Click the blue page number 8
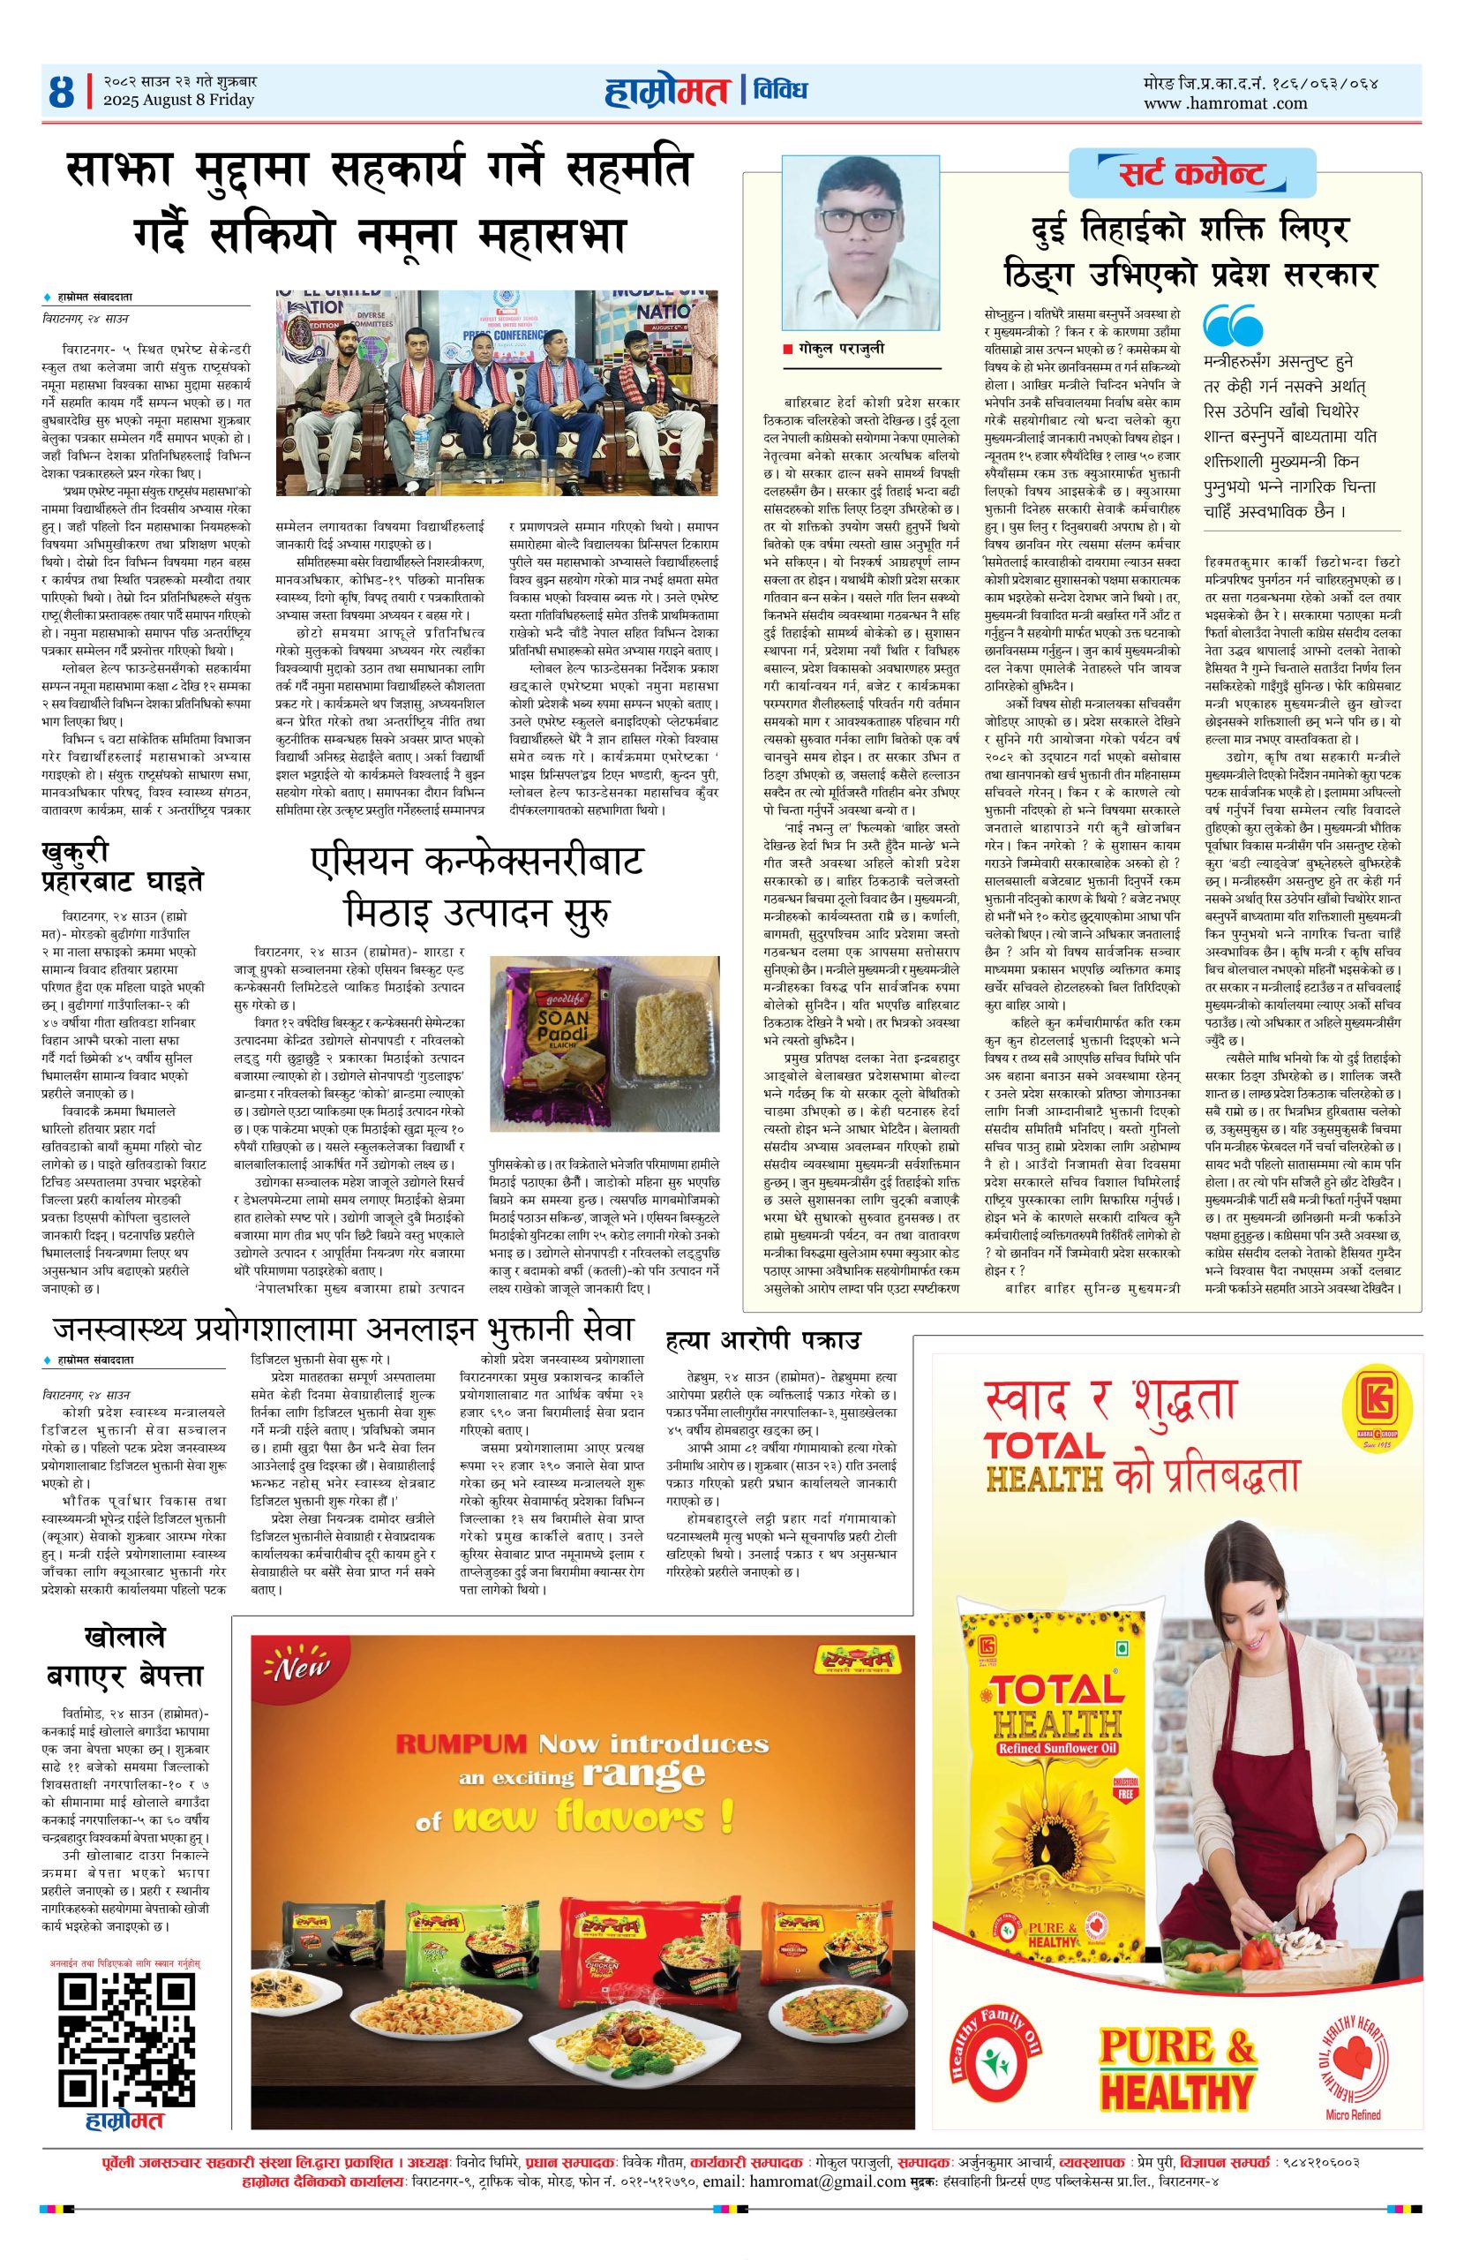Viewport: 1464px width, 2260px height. [x=64, y=92]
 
